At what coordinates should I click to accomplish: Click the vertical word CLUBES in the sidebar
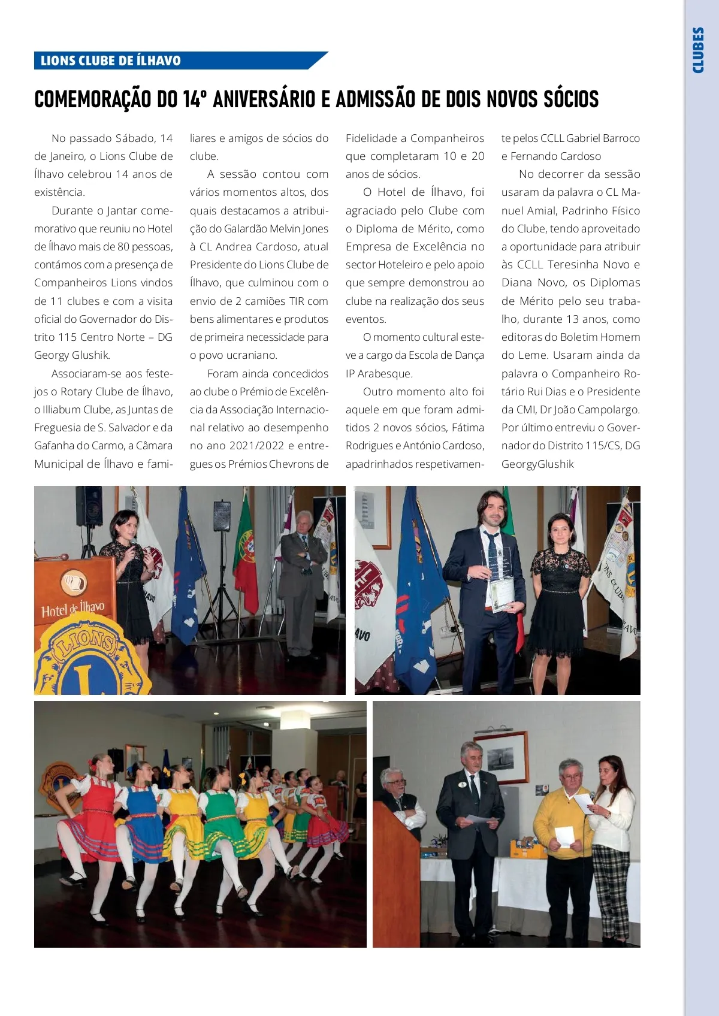[x=697, y=50]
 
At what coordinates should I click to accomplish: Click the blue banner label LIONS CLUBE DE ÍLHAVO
[x=111, y=61]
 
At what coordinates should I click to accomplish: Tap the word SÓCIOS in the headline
[x=571, y=99]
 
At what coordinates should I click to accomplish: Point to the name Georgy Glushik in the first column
[x=72, y=355]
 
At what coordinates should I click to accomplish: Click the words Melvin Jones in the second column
[x=298, y=229]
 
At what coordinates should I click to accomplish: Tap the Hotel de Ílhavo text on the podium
[x=72, y=609]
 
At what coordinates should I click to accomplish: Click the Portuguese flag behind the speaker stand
[x=246, y=548]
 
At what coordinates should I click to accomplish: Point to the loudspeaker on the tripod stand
[x=222, y=516]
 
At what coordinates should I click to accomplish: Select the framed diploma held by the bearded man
[x=502, y=591]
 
